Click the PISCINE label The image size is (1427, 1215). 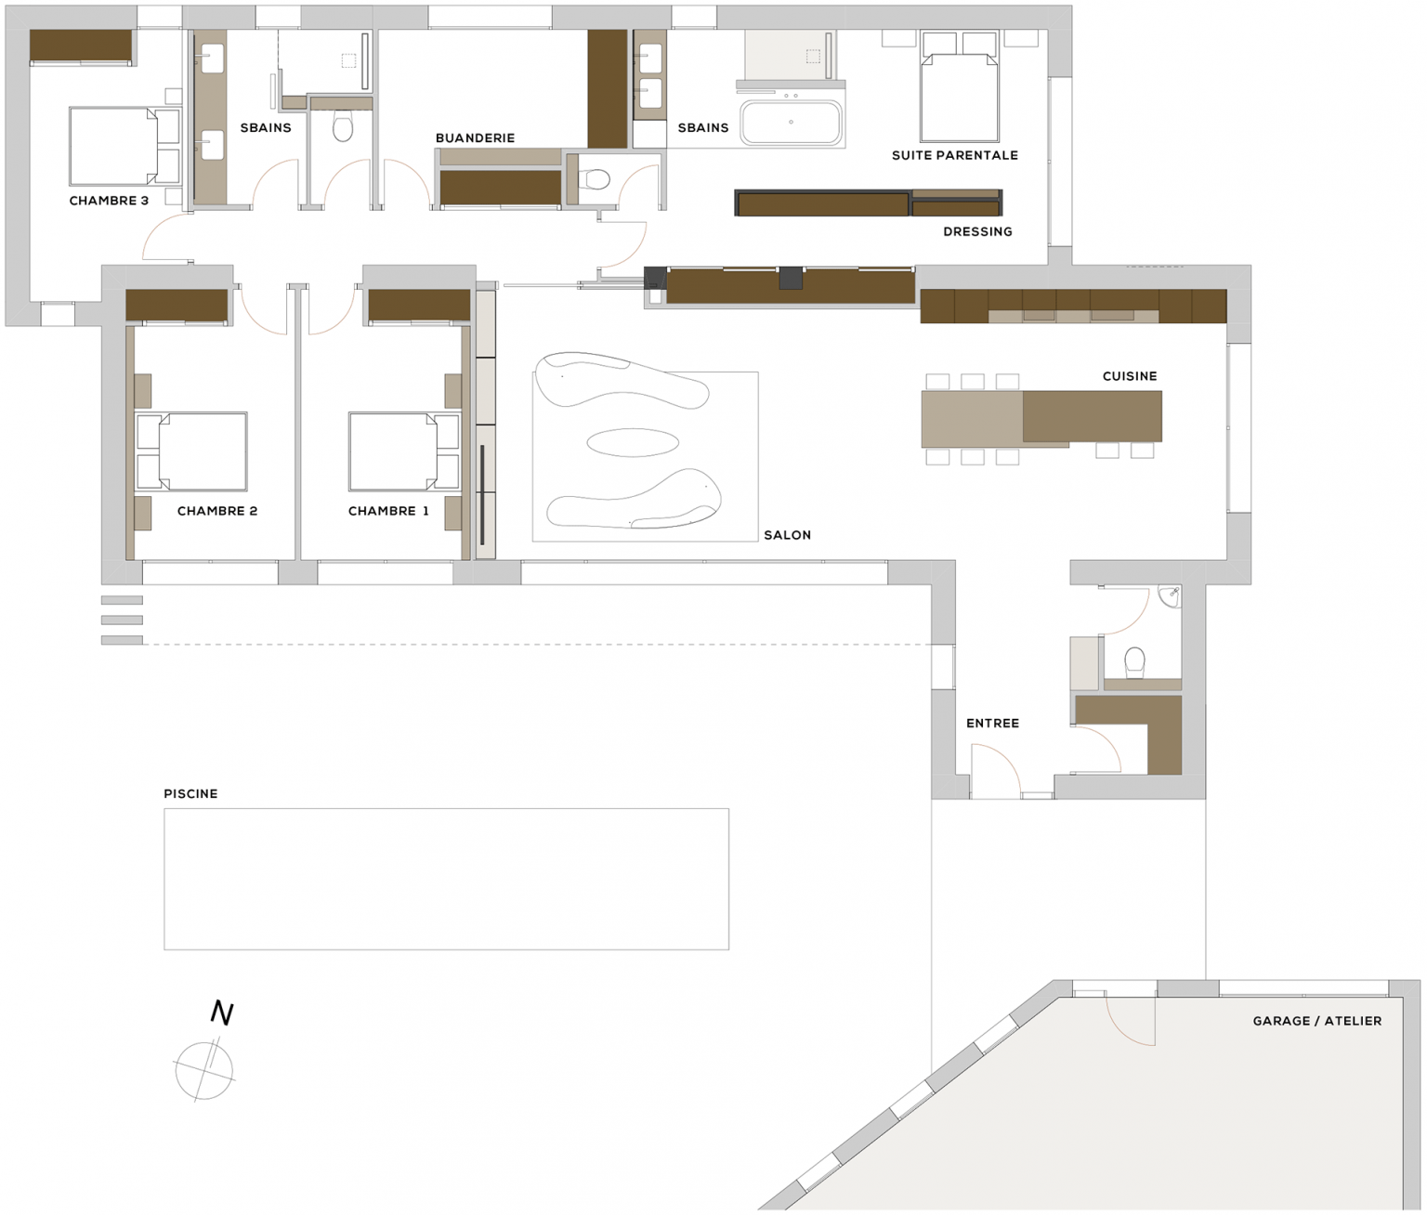pos(190,793)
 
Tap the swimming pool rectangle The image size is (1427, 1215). pos(446,879)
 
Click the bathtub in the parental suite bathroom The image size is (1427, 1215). pos(792,123)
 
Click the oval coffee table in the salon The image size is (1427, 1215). pos(633,442)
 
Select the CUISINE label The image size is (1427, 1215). pos(1130,376)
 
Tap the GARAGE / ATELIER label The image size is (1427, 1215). pos(1316,1021)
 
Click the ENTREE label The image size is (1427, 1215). pos(992,723)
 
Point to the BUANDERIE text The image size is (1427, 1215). pos(475,137)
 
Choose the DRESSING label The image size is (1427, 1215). pos(977,231)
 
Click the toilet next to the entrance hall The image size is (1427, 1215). pos(1134,662)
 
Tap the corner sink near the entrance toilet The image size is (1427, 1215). pos(1171,595)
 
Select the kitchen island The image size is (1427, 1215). pos(1041,417)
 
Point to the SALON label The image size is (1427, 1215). pos(787,535)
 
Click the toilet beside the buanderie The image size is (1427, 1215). pos(596,179)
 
